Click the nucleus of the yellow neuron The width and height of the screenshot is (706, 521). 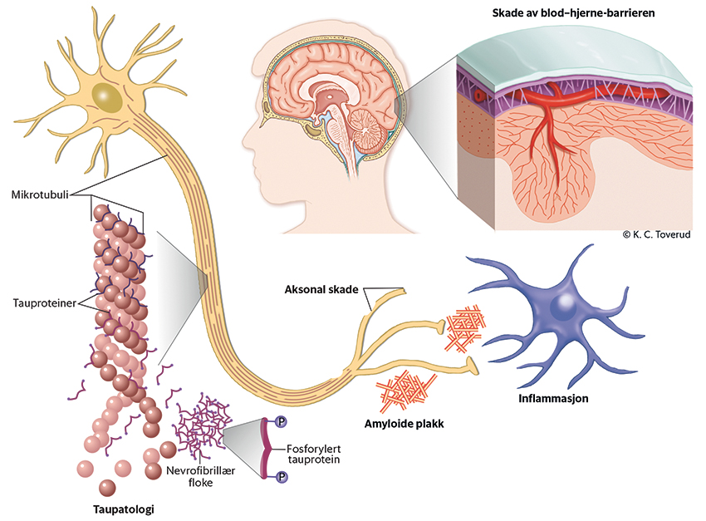click(x=105, y=97)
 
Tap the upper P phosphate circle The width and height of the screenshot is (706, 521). click(x=281, y=422)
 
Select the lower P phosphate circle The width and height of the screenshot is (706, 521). click(x=281, y=476)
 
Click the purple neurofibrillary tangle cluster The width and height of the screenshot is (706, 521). click(x=203, y=424)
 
